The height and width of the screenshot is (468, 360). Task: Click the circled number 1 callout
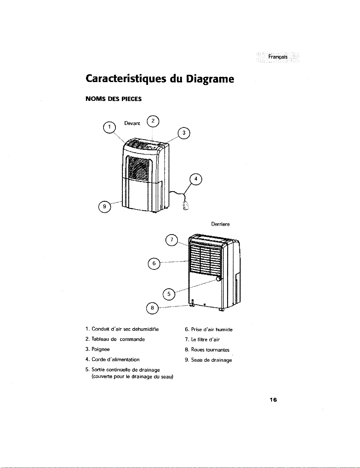coord(109,127)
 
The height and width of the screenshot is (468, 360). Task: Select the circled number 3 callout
coord(184,133)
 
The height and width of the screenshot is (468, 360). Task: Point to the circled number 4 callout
coord(196,179)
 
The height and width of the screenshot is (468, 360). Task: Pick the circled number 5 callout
coord(169,294)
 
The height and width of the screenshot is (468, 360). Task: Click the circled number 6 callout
coord(154,263)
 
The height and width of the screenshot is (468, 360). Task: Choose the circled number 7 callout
coord(172,240)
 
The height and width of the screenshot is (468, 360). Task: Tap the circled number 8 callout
coord(153,308)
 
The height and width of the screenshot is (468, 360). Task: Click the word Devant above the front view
coord(132,123)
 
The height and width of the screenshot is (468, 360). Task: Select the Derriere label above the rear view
coord(220,224)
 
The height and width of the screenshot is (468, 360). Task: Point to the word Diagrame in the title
coord(210,79)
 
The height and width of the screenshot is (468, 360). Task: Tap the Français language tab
coord(278,57)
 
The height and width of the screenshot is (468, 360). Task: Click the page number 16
coord(273,400)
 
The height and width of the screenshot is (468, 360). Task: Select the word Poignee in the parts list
coord(100,349)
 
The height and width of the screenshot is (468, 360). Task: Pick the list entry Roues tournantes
coord(210,350)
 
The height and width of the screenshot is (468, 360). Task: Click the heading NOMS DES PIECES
coord(113,99)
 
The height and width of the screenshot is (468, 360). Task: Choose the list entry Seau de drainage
coord(211,360)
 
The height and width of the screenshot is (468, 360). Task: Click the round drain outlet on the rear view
coord(219,279)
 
